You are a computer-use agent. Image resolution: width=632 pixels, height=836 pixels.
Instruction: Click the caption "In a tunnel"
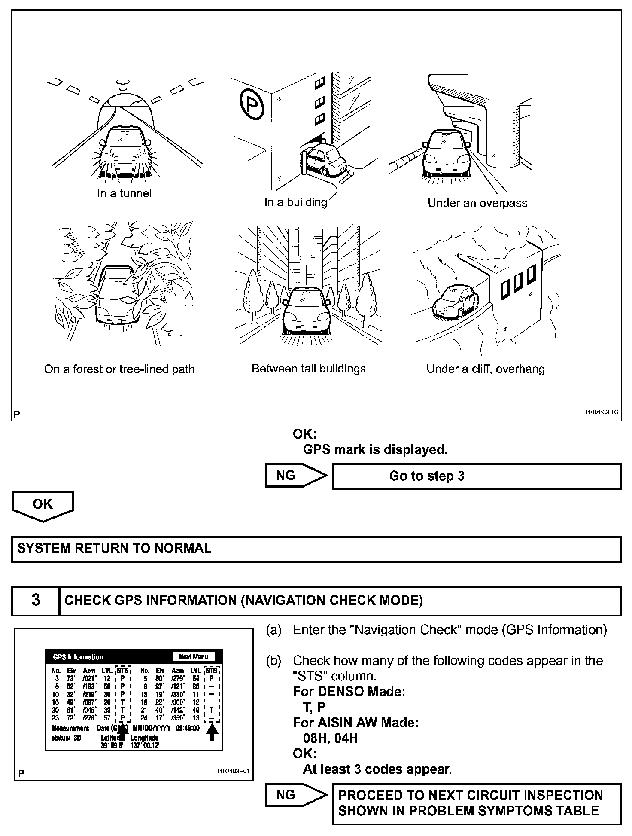[124, 193]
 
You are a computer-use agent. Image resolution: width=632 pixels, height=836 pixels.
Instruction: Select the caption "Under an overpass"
[477, 203]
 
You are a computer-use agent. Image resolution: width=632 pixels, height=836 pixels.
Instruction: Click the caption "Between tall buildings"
[308, 369]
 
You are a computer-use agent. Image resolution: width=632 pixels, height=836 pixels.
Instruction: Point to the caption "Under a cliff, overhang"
[485, 369]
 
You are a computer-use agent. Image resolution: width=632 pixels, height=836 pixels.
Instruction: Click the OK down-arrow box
[43, 505]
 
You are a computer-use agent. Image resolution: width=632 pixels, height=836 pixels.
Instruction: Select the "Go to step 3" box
[477, 476]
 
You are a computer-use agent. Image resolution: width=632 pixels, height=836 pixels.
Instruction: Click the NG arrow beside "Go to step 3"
[296, 476]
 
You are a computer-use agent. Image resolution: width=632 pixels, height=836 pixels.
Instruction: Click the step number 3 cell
[36, 600]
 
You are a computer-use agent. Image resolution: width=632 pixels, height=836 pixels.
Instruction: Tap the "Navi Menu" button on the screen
[194, 656]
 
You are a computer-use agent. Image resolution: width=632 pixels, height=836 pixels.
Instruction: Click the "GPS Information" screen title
[78, 657]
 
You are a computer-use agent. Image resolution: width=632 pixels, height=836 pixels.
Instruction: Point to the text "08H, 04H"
[330, 738]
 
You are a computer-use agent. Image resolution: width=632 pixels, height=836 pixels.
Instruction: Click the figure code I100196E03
[602, 412]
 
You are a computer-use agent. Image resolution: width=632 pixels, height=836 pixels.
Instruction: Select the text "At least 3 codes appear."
[377, 769]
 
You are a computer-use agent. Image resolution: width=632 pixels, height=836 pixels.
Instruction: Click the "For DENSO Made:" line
[349, 692]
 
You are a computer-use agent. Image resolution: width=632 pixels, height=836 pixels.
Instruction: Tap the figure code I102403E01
[233, 771]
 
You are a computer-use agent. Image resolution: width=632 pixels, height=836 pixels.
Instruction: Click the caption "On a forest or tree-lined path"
[119, 369]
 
